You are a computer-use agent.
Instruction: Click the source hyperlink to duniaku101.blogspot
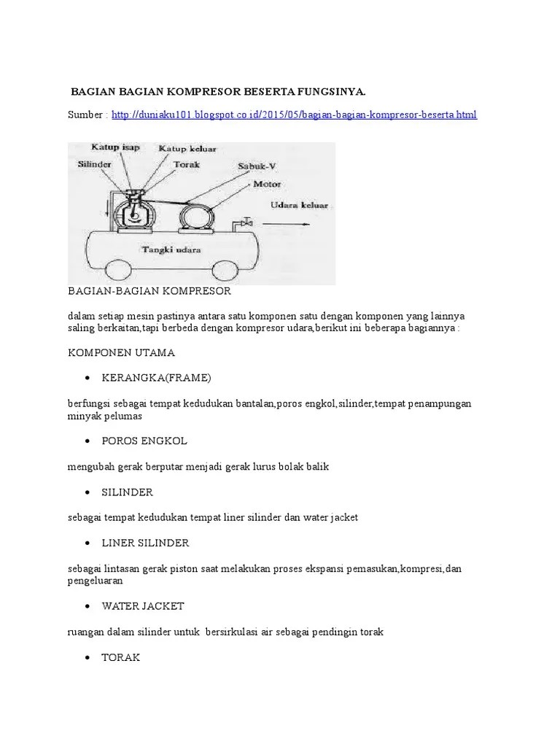[295, 116]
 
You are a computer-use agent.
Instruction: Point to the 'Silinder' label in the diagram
[95, 164]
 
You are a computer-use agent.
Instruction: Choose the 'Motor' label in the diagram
[267, 184]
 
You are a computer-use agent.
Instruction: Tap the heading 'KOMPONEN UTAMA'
[121, 353]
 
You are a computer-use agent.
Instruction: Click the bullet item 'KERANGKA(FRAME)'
[156, 378]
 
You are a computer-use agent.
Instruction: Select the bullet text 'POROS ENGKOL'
[144, 441]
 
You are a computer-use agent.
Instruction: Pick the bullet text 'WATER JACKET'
[143, 606]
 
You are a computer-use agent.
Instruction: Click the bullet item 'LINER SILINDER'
[145, 543]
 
